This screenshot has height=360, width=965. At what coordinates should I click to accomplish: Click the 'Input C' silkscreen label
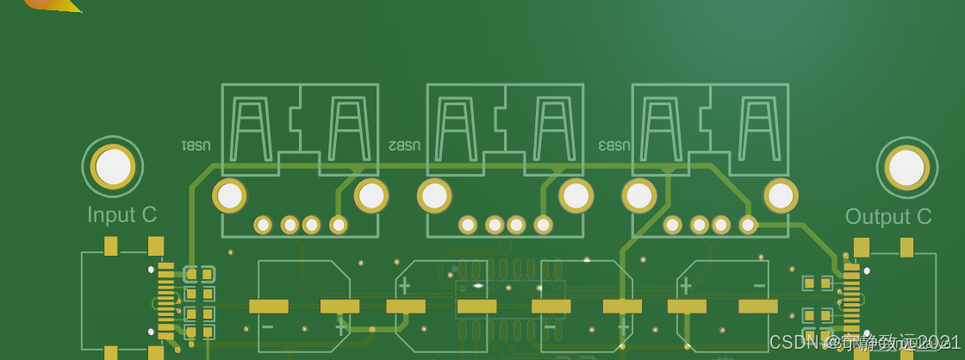(121, 215)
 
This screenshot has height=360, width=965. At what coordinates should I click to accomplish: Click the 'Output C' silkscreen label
(887, 217)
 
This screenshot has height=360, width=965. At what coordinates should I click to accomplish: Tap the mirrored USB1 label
(196, 146)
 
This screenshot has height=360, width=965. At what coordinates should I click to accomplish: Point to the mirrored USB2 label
(404, 146)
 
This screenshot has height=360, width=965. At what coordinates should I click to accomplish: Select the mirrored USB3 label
(614, 146)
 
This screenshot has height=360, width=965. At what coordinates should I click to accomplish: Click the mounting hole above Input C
(113, 166)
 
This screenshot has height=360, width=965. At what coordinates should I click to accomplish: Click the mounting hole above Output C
(906, 167)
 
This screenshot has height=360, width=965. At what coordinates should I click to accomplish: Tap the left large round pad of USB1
(230, 196)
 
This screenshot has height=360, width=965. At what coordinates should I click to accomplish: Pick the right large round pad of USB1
(371, 196)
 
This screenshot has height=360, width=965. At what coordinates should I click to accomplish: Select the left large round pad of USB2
(434, 196)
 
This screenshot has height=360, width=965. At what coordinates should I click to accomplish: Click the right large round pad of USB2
(576, 196)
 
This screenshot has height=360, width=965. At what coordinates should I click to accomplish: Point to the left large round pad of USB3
(639, 196)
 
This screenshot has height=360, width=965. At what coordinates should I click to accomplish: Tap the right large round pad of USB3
(781, 196)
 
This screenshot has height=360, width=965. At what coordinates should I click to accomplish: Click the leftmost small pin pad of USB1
(263, 225)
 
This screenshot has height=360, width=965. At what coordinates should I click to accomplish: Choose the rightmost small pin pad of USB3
(748, 225)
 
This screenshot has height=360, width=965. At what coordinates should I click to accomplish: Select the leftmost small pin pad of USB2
(467, 225)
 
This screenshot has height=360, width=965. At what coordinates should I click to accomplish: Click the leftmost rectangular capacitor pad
(269, 306)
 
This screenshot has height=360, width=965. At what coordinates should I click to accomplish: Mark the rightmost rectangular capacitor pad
(758, 306)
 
